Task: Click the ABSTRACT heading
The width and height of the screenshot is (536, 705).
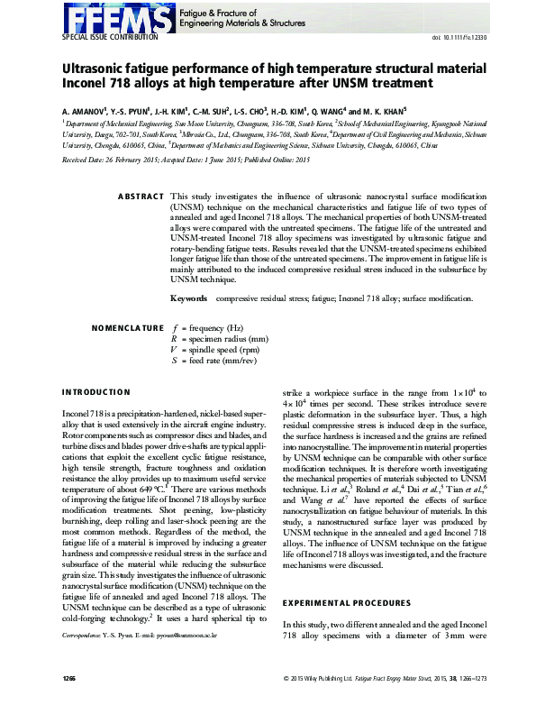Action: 141,196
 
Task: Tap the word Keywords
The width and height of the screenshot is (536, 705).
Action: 189,297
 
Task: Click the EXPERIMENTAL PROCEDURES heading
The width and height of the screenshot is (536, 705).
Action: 340,601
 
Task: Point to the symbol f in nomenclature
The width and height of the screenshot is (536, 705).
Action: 173,328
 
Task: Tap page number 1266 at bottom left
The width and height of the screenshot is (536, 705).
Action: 70,676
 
